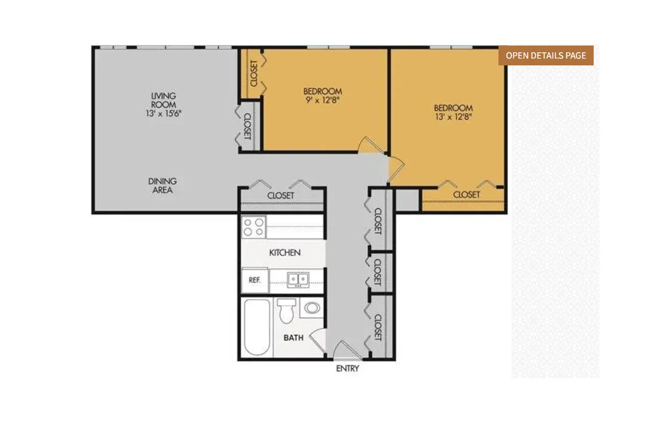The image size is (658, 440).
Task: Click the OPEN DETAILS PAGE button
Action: tap(546, 55)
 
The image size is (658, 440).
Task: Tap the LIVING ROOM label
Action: tap(164, 100)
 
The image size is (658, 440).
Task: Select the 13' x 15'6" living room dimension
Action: tap(164, 114)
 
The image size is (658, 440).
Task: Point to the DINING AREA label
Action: tap(163, 185)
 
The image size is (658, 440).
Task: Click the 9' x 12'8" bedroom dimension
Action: tap(323, 100)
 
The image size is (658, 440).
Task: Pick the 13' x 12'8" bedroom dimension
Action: tap(453, 117)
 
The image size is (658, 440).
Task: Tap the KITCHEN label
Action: tap(285, 253)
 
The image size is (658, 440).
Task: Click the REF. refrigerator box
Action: tap(255, 280)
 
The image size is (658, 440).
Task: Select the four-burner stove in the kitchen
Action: tap(254, 227)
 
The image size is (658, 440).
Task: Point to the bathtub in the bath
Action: tap(257, 327)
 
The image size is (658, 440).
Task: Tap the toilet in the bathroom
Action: tap(287, 311)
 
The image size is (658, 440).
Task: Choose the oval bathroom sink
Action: tap(312, 308)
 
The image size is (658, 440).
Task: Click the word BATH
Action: tap(293, 337)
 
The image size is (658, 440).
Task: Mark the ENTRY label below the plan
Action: tap(347, 368)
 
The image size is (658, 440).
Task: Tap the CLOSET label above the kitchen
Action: tap(280, 196)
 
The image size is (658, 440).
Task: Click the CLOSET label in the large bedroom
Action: tap(467, 195)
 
